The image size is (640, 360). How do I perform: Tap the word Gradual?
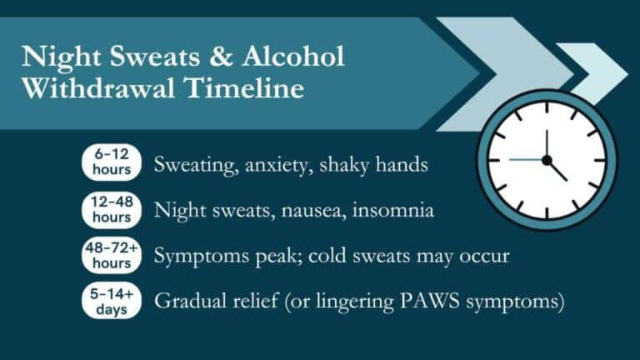click(187, 302)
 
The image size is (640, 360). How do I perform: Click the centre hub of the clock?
click(547, 159)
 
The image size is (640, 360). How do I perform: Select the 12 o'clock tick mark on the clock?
click(547, 111)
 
